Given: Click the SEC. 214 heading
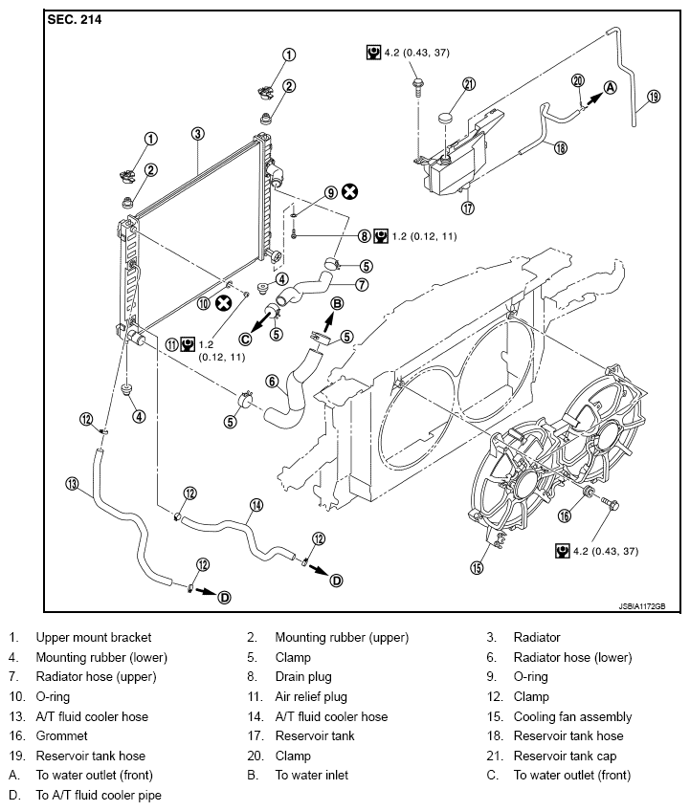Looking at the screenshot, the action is tap(75, 20).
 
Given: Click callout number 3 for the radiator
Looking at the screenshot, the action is tap(198, 134).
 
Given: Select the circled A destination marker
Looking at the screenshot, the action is tap(611, 87).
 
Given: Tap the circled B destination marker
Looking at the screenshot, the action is tap(337, 303).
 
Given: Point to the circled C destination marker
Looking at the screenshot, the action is tap(245, 340).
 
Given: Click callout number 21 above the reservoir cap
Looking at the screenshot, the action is tap(469, 84).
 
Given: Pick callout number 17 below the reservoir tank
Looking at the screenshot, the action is tap(468, 208).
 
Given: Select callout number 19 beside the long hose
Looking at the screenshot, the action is tap(654, 97).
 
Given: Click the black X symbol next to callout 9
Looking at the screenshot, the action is tap(350, 192).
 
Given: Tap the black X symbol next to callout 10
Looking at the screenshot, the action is tap(224, 303).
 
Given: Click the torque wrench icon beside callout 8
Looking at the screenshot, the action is tap(381, 236).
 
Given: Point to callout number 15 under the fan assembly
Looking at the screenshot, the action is tap(477, 567).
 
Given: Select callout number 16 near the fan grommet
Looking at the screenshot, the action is tap(565, 515).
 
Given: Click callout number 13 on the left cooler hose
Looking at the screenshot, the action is tap(72, 484).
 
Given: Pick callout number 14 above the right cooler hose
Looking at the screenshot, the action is tap(256, 505).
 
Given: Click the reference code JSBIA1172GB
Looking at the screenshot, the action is tap(642, 606).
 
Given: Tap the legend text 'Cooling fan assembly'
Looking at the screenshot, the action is tap(572, 717).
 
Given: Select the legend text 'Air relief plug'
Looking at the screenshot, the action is tap(311, 696).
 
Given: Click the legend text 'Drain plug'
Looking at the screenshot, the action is tap(303, 676).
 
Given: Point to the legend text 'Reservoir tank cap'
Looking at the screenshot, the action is tap(565, 756).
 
